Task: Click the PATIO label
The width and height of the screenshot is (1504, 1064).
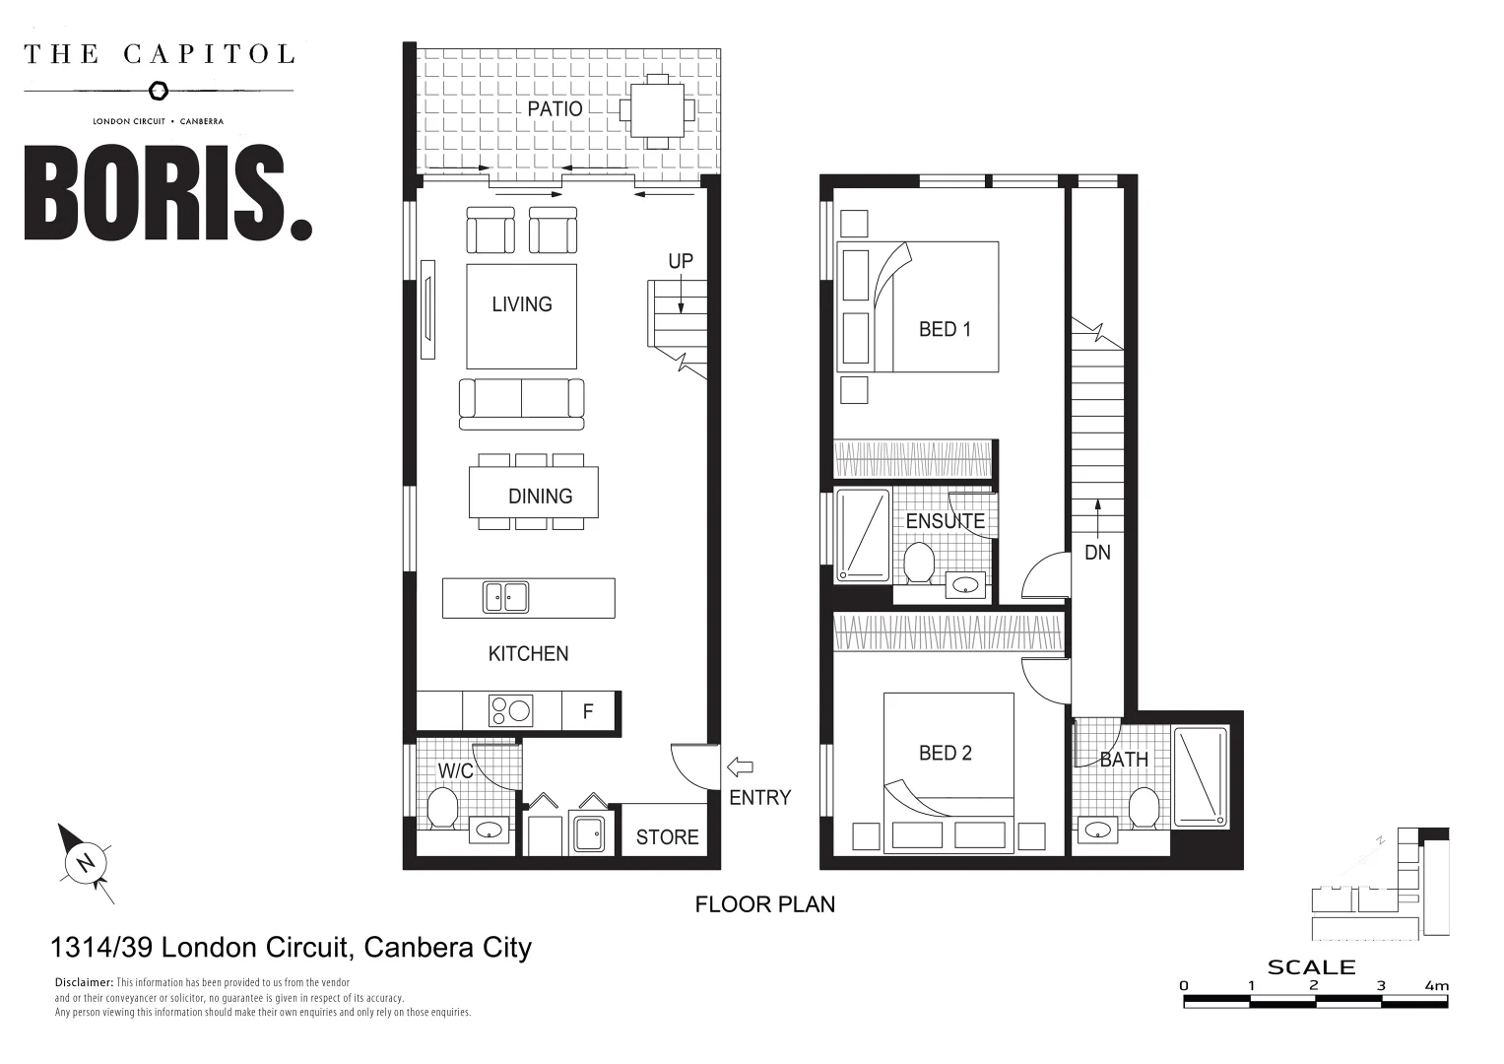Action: tap(555, 108)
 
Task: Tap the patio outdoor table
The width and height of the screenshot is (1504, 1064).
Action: tap(657, 109)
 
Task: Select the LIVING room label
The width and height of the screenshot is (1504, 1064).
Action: tap(521, 304)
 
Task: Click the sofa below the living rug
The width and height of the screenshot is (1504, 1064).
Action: tap(521, 402)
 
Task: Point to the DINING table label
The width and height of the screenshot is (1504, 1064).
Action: tap(540, 497)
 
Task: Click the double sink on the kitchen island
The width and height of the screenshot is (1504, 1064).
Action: tap(505, 597)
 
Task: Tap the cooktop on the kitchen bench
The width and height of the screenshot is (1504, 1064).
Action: tap(511, 710)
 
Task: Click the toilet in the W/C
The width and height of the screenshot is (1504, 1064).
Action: tap(442, 808)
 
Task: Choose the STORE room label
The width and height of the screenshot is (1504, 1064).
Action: tap(667, 837)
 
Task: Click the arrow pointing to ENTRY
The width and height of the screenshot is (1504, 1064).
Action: tap(739, 766)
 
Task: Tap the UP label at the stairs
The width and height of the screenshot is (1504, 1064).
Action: tap(681, 261)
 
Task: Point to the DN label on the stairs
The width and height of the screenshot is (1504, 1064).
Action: tap(1097, 553)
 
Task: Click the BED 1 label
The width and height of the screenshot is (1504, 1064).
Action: tap(945, 330)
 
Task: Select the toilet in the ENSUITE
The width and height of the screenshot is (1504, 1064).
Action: tap(919, 563)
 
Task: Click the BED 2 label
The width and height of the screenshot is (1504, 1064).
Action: tap(945, 754)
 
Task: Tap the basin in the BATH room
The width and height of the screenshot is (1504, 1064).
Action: tap(1095, 831)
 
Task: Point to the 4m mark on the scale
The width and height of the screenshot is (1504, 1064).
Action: tap(1437, 985)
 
